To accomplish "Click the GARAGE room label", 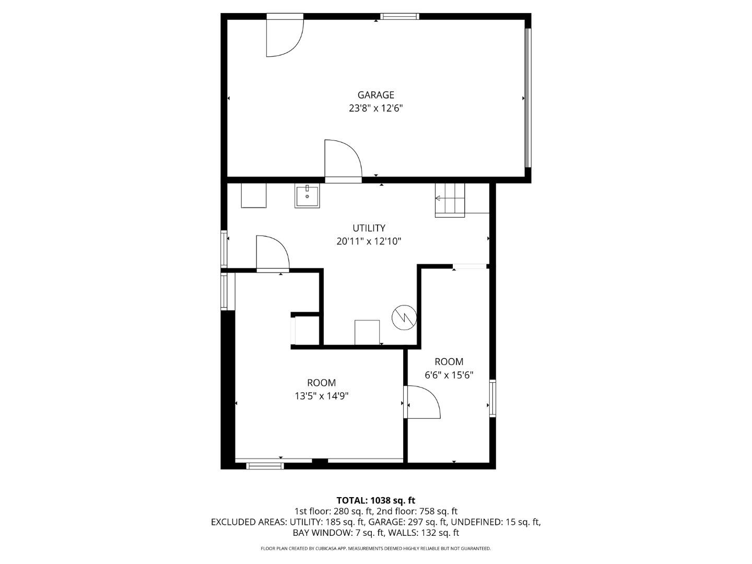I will [x=375, y=95].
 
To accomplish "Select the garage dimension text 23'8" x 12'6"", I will [x=375, y=109].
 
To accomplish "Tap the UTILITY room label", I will [x=369, y=228].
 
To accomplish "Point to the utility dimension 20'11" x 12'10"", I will [x=369, y=241].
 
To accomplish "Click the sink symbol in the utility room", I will [x=307, y=196].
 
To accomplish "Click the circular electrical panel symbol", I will [x=404, y=317].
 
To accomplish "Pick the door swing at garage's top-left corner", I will [x=284, y=37].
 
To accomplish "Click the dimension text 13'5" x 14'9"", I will [x=321, y=396].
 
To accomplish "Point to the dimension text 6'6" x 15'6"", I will [x=449, y=375].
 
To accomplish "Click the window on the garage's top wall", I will [x=399, y=17].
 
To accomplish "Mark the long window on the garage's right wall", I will [x=528, y=98].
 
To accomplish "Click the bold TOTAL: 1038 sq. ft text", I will [x=375, y=500].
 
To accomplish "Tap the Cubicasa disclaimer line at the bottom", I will [x=375, y=549].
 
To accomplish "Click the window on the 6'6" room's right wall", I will [x=492, y=398].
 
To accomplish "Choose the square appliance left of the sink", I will [x=253, y=195].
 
